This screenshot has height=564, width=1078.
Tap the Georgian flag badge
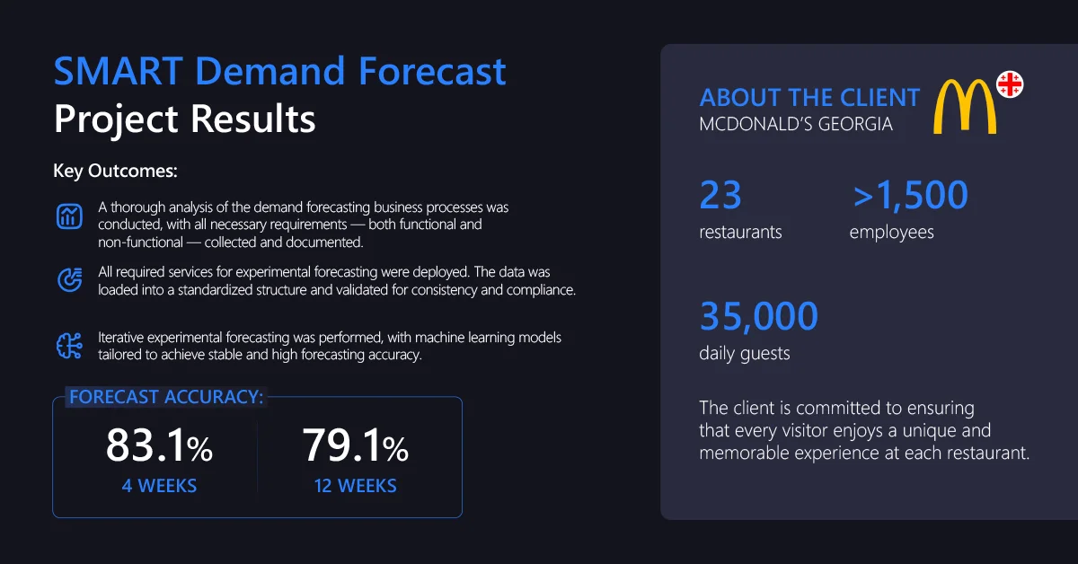pos(1010,85)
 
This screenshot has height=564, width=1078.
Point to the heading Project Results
pos(184,119)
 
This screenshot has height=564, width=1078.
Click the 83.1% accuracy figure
pos(159,446)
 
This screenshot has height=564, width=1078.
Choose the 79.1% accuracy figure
pos(355,446)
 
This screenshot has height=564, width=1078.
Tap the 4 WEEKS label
pos(159,487)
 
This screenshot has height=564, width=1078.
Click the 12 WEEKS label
pos(355,487)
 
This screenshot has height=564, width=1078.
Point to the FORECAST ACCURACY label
pos(166,397)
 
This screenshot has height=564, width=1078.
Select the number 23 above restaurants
pos(720,195)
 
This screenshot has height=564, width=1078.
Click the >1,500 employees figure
pos(909,195)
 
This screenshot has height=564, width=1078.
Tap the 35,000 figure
pos(759,316)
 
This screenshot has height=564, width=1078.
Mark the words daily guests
pos(745,354)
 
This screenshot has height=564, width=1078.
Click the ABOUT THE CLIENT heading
pos(809,97)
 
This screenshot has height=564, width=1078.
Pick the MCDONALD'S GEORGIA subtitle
pos(796,125)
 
